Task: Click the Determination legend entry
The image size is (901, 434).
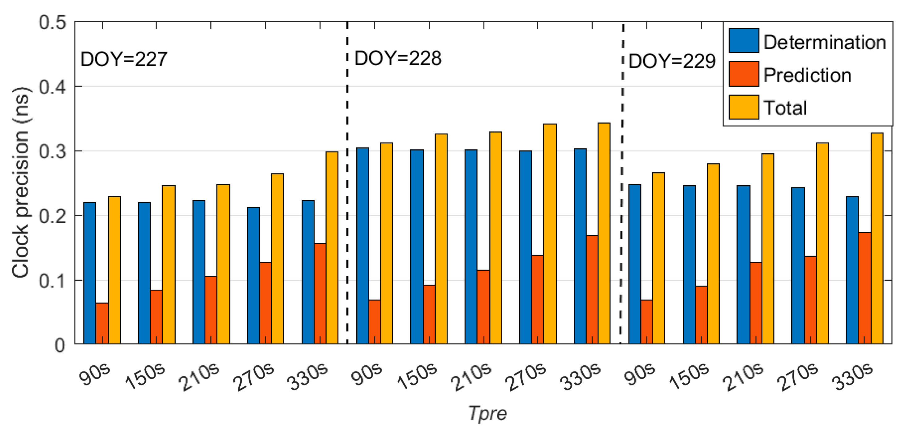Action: (824, 42)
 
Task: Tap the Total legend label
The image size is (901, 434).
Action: (785, 107)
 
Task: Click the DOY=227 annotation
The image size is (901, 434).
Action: (123, 59)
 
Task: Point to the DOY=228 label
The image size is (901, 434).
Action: (398, 58)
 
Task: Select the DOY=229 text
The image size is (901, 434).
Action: (671, 61)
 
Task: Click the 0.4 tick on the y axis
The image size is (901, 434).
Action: (53, 86)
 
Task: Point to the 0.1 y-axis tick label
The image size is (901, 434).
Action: (53, 281)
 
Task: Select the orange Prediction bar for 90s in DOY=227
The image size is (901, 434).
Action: (102, 323)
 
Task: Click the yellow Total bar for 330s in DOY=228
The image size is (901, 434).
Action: (604, 233)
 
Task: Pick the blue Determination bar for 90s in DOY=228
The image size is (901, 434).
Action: (363, 245)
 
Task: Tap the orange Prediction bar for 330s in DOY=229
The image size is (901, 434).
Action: (864, 287)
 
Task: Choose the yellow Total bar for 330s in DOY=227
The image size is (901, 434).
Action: (332, 247)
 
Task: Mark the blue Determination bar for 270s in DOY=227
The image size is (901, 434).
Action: (254, 275)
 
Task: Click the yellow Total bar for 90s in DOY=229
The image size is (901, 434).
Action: (658, 258)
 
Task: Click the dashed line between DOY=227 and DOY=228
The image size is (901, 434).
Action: (347, 210)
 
